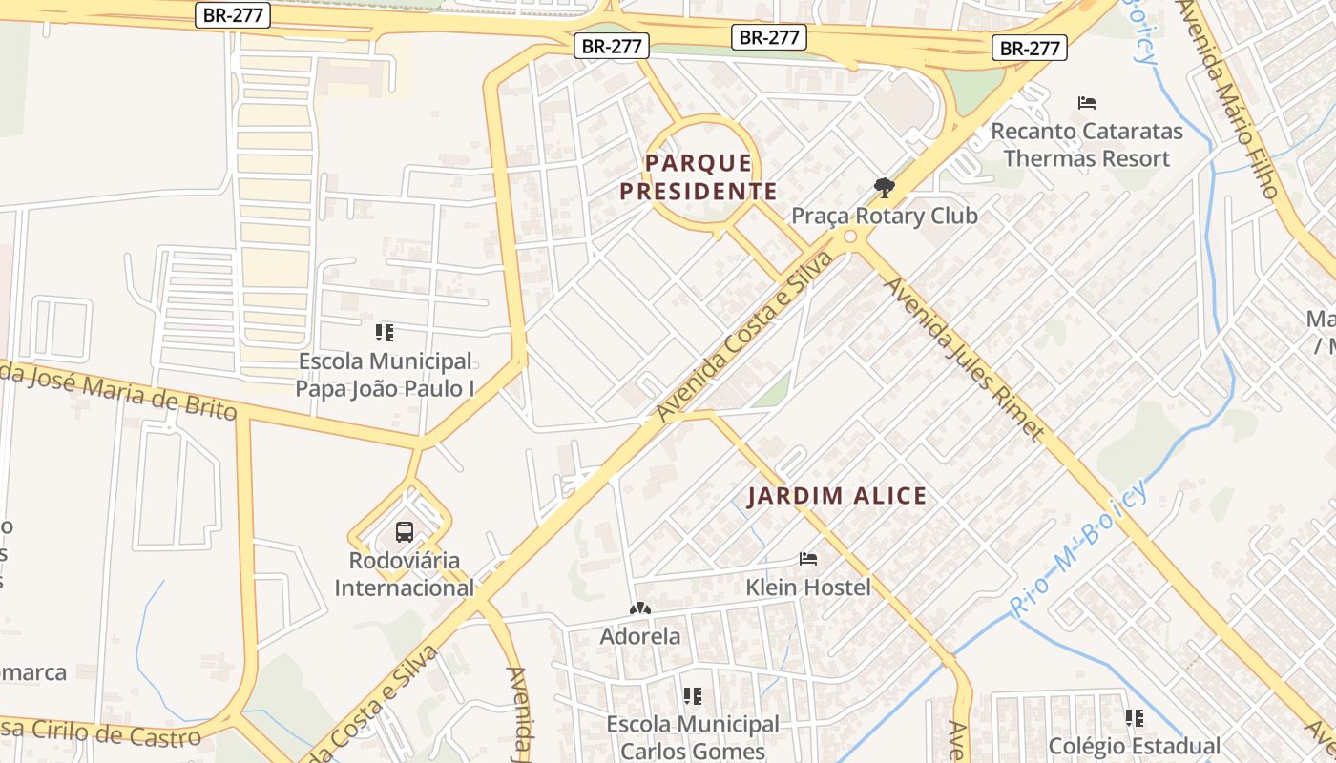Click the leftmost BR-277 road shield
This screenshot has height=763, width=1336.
[234, 15]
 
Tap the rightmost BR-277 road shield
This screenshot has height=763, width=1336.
[1030, 48]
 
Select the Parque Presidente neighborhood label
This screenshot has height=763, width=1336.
[698, 177]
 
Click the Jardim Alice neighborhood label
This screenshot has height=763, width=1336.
[837, 496]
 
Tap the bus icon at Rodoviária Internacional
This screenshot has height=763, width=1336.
[405, 532]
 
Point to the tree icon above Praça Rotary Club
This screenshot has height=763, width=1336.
[885, 187]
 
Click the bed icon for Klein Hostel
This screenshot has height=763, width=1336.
[808, 559]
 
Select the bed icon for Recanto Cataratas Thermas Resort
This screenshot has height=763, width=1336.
[1086, 103]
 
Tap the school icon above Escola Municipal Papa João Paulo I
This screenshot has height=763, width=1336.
[385, 333]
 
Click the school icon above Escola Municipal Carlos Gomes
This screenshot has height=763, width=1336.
[693, 696]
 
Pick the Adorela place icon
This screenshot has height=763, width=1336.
[639, 608]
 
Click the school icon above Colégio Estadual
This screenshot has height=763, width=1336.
[1134, 717]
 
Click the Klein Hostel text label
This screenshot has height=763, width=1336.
[808, 587]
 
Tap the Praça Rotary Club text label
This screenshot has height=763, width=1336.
[885, 216]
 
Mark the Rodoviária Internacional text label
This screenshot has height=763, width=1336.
[404, 574]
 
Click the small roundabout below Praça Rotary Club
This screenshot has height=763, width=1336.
[850, 237]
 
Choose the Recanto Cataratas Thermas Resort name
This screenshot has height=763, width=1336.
[1087, 145]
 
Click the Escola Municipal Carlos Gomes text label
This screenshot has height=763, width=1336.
[693, 737]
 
